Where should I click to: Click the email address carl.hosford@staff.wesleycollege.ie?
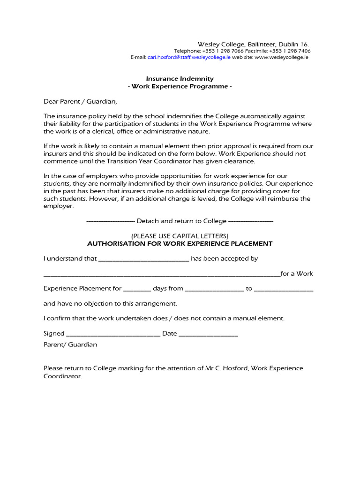coord(189,57)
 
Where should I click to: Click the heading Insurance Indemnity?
coord(180,79)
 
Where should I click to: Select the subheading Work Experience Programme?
coord(180,86)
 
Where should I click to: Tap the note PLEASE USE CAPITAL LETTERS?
coord(180,236)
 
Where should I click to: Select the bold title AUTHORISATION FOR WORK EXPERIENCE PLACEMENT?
coord(180,244)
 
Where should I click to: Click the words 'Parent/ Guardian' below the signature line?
coord(70,345)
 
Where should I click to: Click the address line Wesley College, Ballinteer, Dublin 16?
coord(253,44)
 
